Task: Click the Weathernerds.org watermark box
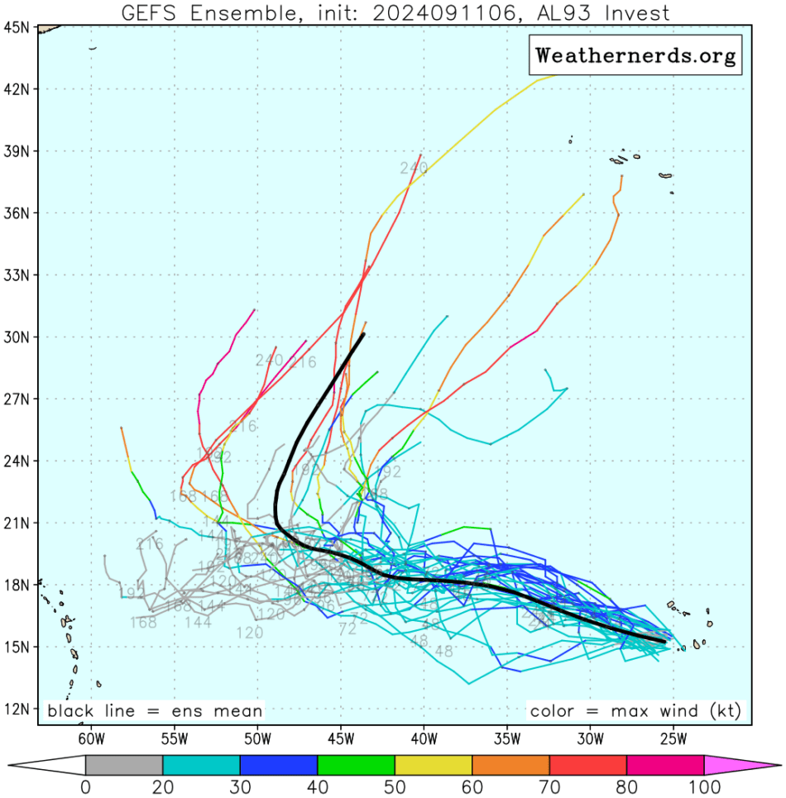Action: click(635, 55)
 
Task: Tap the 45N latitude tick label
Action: click(18, 26)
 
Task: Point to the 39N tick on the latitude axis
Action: click(18, 151)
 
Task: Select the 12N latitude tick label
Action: click(18, 709)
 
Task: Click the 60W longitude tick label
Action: click(90, 737)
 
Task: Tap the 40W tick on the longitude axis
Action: click(423, 737)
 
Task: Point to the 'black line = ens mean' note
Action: click(155, 710)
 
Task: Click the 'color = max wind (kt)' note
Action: click(635, 710)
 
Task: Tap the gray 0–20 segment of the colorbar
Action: click(124, 765)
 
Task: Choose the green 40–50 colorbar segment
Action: click(356, 765)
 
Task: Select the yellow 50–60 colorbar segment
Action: click(434, 765)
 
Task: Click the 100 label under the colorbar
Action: click(703, 786)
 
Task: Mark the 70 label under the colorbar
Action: click(549, 786)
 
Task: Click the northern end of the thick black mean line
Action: click(362, 335)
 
